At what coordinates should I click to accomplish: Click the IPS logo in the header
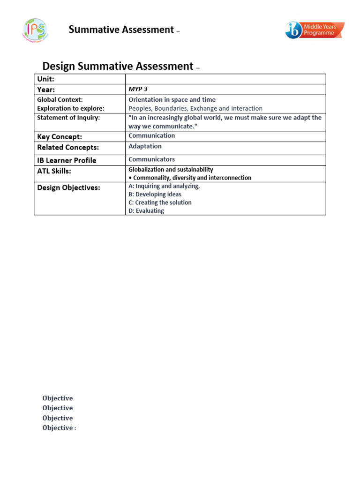pos(35,30)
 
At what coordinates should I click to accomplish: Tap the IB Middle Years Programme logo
pos(315,30)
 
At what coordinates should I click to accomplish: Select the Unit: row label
pos(45,79)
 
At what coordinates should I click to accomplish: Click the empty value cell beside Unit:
pos(225,79)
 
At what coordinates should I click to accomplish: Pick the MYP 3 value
pos(138,89)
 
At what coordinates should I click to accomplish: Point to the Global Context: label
pos(60,99)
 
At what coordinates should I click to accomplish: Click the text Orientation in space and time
pos(172,99)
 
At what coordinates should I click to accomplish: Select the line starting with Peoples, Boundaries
pos(195,108)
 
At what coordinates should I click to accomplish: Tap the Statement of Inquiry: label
pos(68,118)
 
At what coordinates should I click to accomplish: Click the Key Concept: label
pos(60,136)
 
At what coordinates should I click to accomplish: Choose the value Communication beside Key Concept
pos(151,135)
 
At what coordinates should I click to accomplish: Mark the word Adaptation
pos(145,146)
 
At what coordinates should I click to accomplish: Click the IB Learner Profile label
pos(67,160)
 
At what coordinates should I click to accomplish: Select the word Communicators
pos(151,159)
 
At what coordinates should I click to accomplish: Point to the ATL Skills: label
pos(54,171)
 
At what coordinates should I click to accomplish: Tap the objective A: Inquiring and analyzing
pos(164,186)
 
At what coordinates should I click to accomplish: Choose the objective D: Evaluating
pos(146,211)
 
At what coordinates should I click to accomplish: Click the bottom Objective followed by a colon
pos(59,428)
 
